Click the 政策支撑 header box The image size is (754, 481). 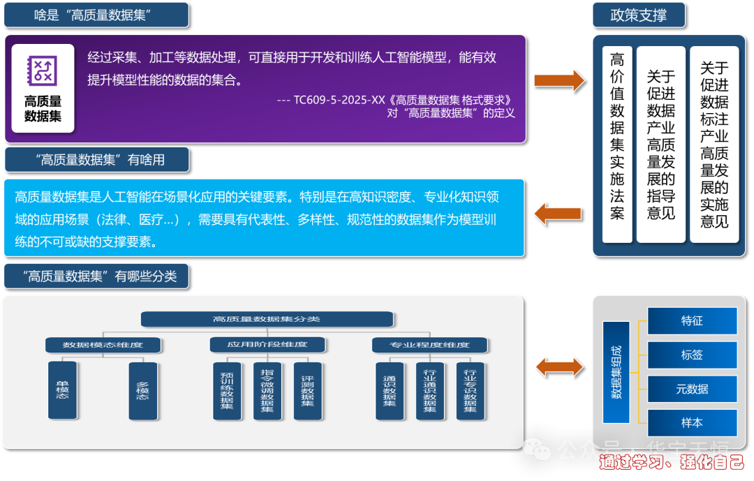pos(638,15)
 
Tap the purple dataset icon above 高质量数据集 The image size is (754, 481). pos(43,70)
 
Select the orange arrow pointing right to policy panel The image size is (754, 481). pos(559,80)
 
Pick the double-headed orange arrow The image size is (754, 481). pos(559,367)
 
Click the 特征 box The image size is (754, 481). pos(692,320)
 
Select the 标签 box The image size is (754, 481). pos(692,355)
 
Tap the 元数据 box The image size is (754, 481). pos(692,389)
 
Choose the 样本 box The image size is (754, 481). pos(692,422)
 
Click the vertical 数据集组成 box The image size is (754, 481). pos(616,372)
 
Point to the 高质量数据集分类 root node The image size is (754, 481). pos(266,319)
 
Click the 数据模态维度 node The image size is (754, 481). pos(103,345)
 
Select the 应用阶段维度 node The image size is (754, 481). pos(267,344)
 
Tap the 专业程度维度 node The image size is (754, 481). pos(430,345)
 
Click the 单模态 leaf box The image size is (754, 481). pos(62,390)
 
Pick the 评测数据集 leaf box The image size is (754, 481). pos(307,390)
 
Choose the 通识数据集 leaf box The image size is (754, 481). pos(389,390)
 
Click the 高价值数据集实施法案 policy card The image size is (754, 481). pos(617,145)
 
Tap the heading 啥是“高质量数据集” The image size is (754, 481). pos(96,15)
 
